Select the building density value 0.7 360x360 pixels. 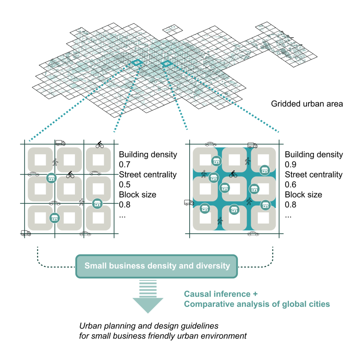124,165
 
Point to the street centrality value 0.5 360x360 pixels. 124,185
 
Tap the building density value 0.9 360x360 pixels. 290,165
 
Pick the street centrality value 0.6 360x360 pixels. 290,185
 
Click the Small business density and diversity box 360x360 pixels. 157,266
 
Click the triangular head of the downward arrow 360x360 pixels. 148,305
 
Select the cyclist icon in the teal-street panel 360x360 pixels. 233,174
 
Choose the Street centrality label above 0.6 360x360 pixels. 314,175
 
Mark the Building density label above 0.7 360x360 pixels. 148,155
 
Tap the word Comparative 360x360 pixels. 209,304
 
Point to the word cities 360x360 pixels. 319,304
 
